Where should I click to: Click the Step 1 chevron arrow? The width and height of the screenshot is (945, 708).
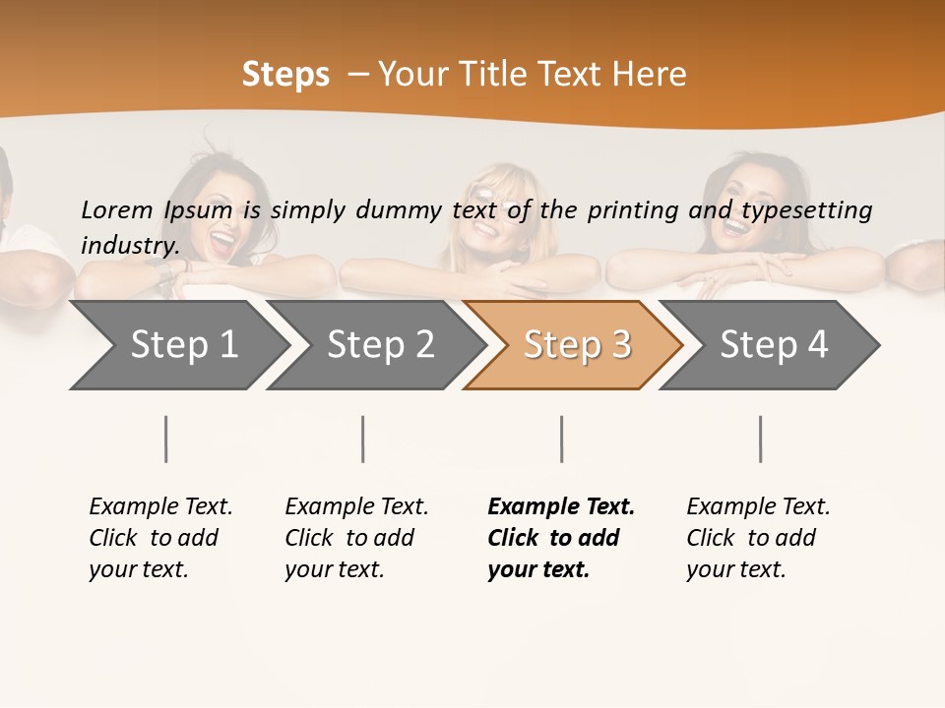182,345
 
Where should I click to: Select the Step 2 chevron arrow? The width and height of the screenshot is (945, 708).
379,345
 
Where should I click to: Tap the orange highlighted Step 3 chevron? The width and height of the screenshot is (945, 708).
576,345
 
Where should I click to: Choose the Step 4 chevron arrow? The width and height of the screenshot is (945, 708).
773,345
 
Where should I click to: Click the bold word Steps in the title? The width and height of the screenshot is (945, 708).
285,75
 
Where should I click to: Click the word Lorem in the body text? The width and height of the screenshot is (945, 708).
117,210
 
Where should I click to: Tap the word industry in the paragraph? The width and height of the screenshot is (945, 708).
130,245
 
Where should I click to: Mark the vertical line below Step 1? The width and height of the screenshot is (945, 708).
166,439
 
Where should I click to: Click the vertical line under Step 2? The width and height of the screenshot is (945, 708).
363,439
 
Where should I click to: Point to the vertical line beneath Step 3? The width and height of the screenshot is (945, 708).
562,439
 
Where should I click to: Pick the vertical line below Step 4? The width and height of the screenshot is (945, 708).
761,439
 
